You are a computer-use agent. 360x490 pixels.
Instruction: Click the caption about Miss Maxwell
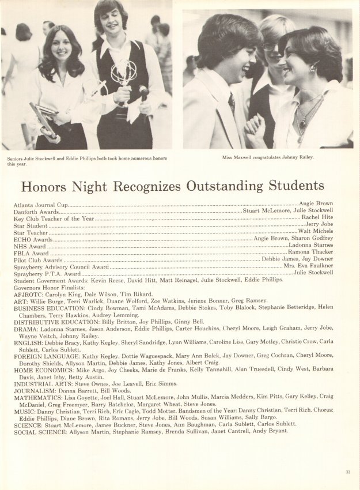[267, 157]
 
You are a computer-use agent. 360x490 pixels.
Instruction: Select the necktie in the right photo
[232, 104]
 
